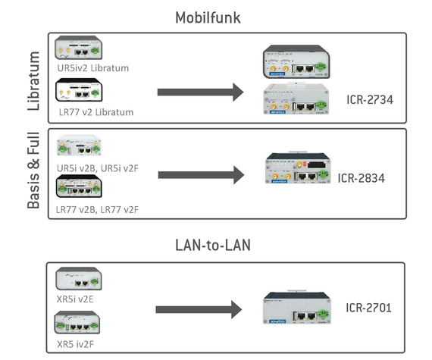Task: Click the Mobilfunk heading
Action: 208,17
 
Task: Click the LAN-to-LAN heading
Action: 213,245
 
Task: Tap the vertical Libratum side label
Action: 34,81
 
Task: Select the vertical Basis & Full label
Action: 34,171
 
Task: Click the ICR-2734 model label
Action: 370,100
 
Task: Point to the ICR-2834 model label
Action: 362,178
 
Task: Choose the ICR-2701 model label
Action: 368,308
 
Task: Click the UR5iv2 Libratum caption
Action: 93,68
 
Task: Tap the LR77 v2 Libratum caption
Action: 96,112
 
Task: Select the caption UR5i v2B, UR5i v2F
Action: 98,168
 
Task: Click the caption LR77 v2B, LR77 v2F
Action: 97,210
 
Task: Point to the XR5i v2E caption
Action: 75,299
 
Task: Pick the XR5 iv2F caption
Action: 75,344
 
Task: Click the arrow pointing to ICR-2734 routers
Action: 201,92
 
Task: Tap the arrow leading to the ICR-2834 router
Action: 201,175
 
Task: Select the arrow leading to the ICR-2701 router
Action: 199,309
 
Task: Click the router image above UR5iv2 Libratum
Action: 79,48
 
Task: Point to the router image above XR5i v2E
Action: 79,278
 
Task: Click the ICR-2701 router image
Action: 297,307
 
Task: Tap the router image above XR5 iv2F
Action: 77,323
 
